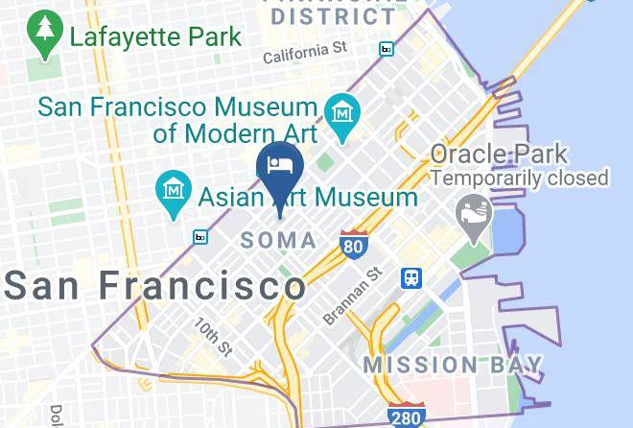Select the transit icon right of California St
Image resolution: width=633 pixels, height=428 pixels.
coord(387,48)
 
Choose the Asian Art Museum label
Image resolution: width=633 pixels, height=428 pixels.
coord(308,198)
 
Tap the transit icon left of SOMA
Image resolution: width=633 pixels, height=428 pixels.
coord(200,236)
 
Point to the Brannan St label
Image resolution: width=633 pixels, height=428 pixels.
coord(353,296)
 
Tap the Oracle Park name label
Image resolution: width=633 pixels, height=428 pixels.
coord(499,154)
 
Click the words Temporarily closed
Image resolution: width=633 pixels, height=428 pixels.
coord(520,178)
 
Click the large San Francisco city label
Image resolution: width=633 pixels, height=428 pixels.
coord(155,285)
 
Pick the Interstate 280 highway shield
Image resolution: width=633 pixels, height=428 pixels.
coord(407,416)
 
